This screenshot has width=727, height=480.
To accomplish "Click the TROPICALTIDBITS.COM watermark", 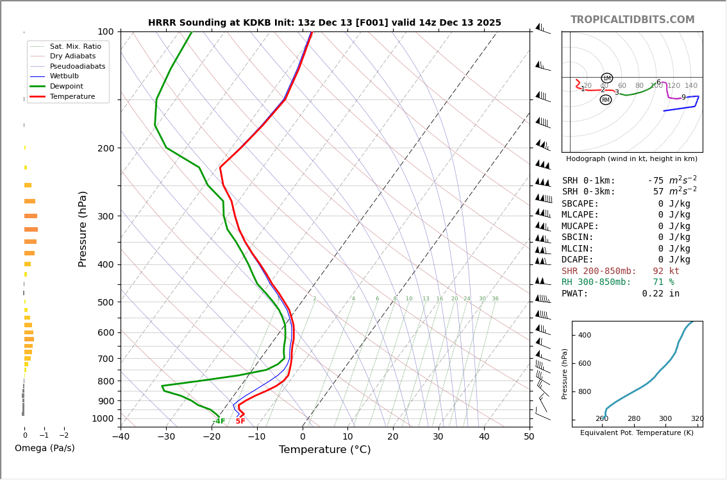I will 632,20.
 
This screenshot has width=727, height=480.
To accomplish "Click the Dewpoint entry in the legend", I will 67,86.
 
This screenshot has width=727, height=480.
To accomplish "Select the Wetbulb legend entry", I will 67,76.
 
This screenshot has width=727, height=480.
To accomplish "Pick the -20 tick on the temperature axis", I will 212,437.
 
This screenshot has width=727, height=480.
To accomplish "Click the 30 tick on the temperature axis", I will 438,437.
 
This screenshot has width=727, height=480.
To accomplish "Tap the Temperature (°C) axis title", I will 324,450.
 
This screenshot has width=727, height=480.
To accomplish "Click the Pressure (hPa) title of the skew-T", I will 83,228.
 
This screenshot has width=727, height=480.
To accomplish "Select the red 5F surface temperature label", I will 240,422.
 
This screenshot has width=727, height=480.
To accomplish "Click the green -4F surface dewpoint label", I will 219,422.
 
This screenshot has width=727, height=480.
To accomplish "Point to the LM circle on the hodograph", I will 606,78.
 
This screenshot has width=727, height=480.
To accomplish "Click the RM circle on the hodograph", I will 605,100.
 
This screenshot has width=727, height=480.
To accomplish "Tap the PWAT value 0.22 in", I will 660,294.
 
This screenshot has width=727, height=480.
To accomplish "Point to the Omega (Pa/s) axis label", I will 45,449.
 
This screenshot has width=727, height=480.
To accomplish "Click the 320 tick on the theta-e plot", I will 697,419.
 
